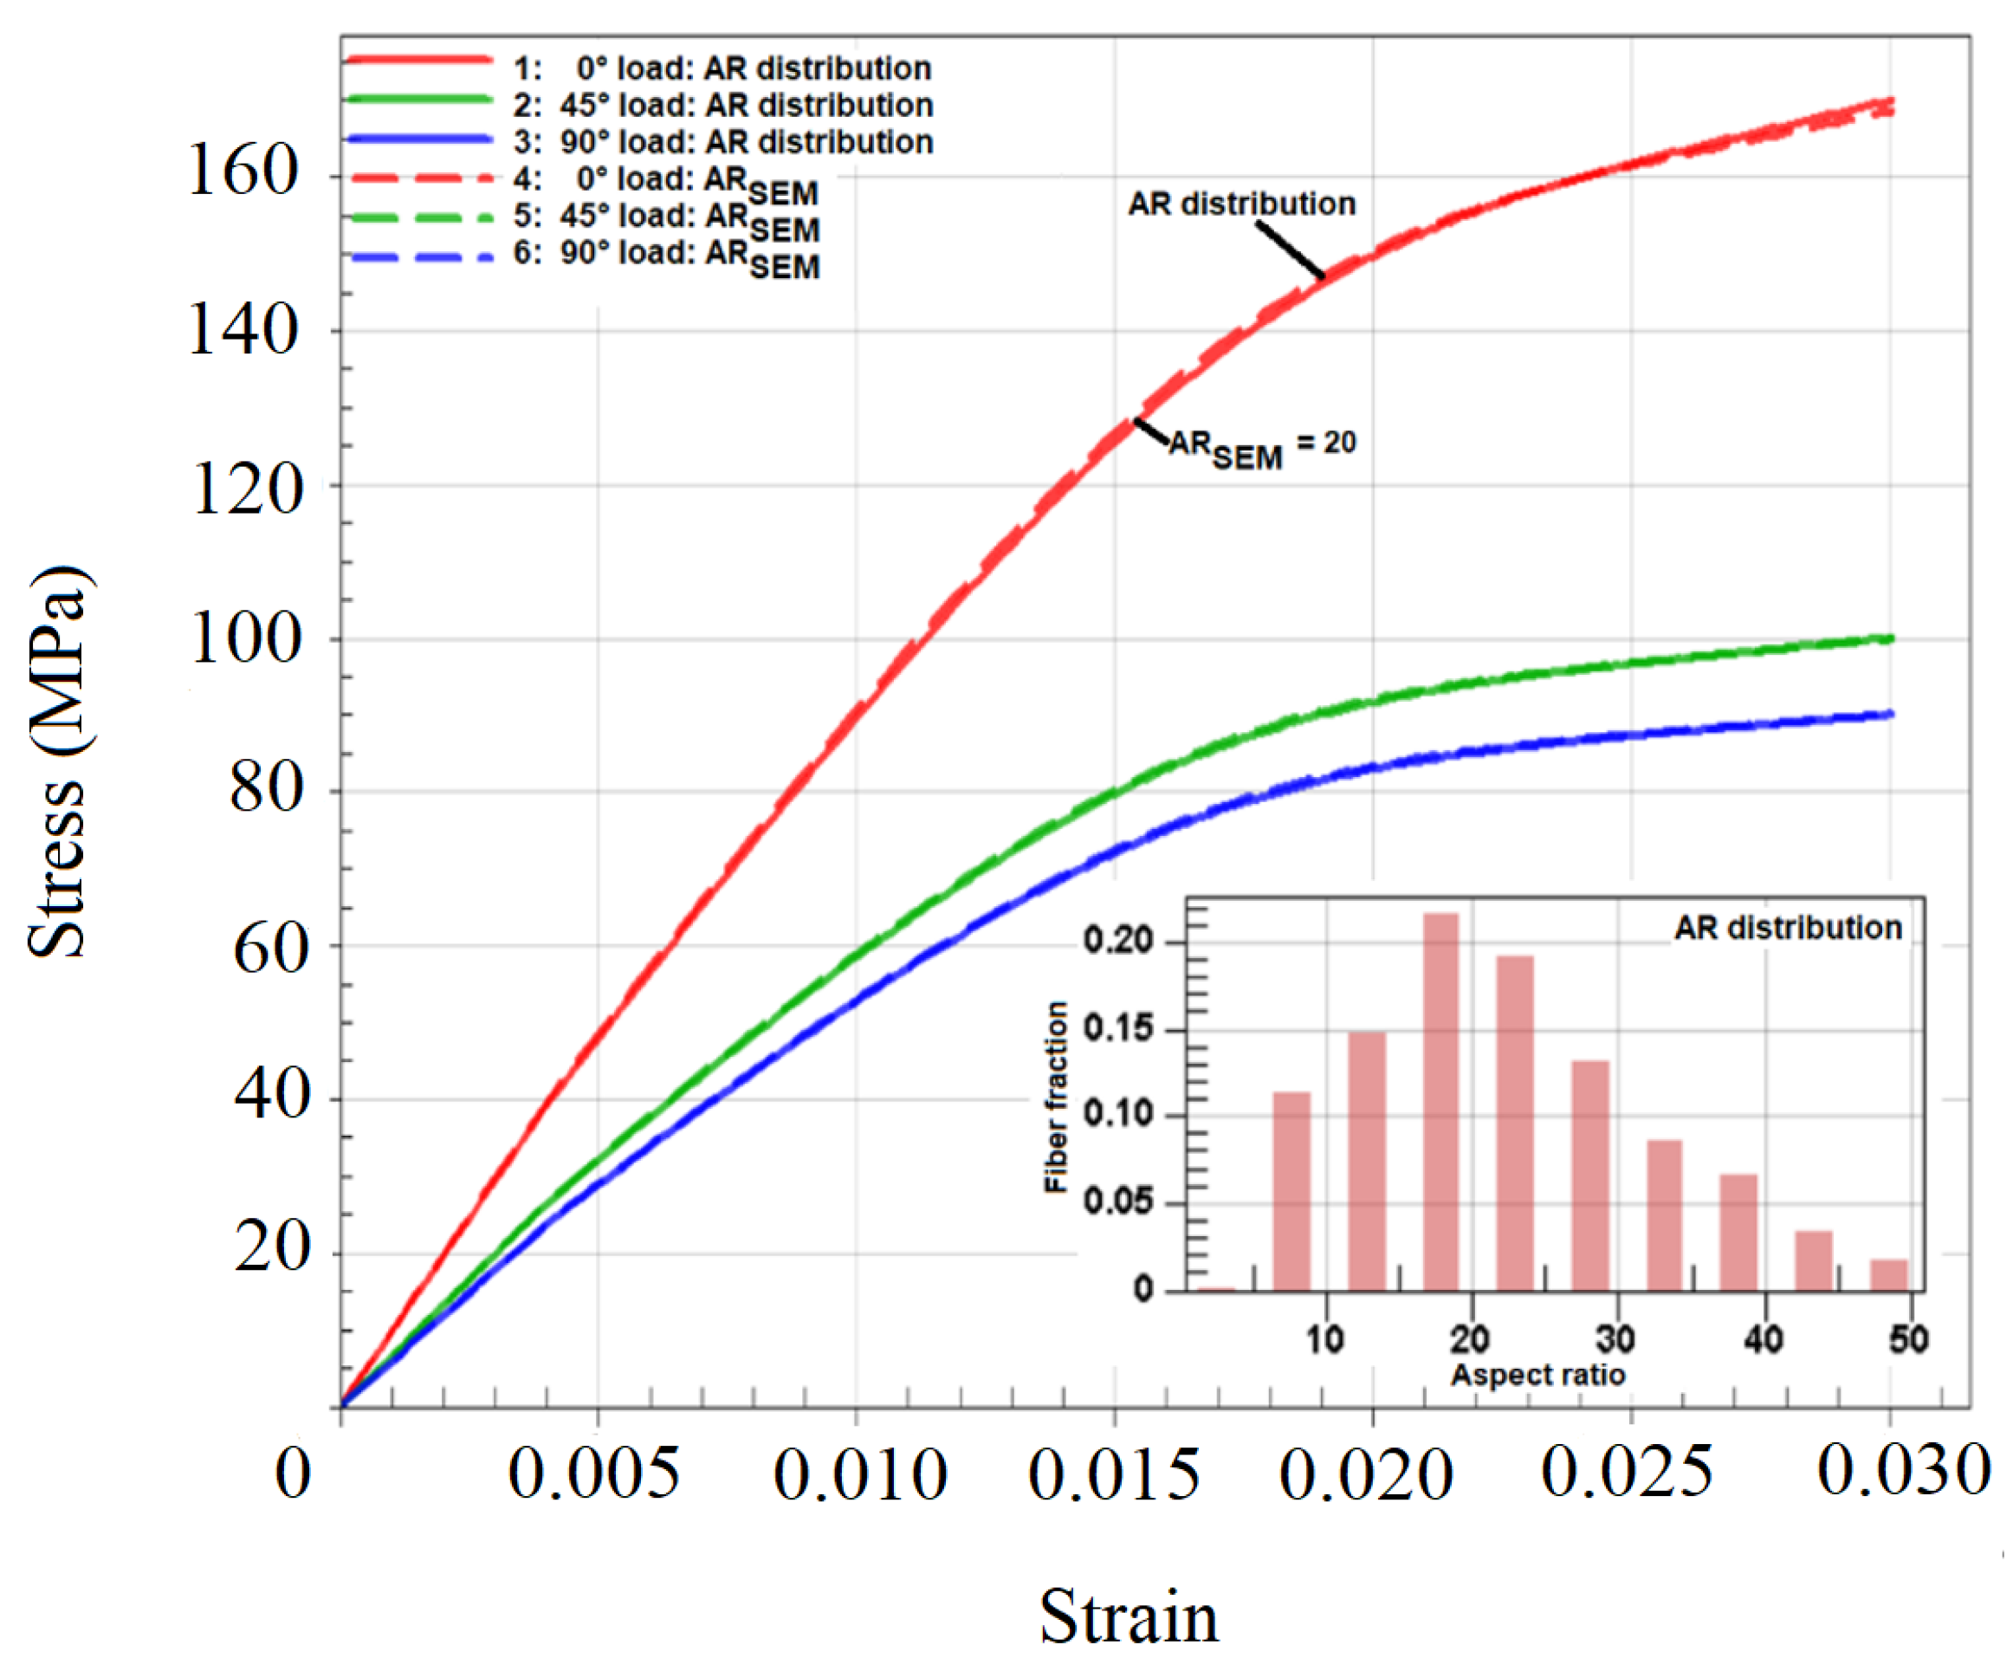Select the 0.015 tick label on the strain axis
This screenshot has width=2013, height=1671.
(x=1114, y=1474)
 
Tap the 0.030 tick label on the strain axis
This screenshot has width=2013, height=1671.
(x=1904, y=1471)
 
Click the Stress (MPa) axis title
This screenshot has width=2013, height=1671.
(x=57, y=762)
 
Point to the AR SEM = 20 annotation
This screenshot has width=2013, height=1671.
(x=1261, y=448)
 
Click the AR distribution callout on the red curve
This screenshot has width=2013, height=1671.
(x=1240, y=204)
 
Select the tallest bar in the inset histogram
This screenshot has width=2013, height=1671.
(x=1440, y=1103)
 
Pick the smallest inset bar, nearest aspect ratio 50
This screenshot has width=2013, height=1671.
(x=1888, y=1275)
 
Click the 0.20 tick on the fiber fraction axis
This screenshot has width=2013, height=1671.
(x=1117, y=941)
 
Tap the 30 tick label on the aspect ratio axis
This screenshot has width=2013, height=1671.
(x=1616, y=1338)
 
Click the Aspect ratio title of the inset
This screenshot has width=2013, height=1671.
(x=1537, y=1375)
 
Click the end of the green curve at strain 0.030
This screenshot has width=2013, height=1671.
(x=1890, y=638)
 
